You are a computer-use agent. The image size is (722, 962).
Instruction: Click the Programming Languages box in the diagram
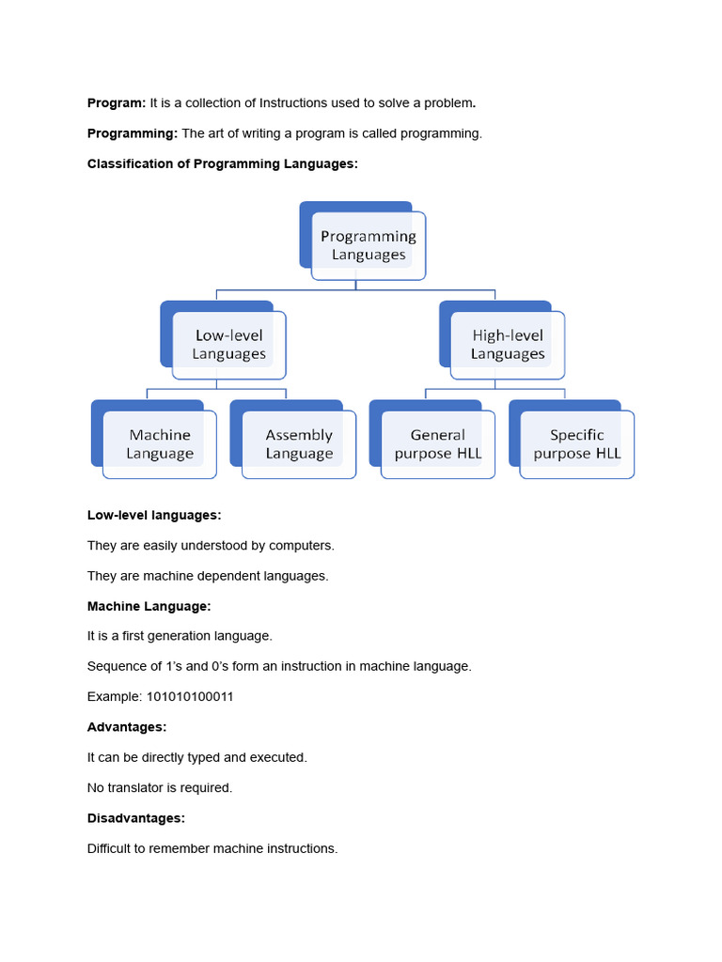(x=368, y=245)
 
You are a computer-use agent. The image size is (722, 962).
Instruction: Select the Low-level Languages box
(x=228, y=345)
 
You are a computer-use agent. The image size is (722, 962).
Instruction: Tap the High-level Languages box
(x=508, y=345)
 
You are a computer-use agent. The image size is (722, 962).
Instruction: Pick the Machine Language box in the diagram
(x=160, y=444)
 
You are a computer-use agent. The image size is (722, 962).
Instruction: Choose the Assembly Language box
(x=299, y=444)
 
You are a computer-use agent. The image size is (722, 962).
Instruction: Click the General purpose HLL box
(x=438, y=444)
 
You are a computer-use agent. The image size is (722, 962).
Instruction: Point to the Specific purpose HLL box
(x=576, y=444)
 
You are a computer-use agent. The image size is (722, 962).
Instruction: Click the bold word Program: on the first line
(x=117, y=102)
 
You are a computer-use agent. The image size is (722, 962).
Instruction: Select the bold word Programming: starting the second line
(x=133, y=133)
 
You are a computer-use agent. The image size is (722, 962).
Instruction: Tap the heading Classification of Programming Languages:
(x=223, y=163)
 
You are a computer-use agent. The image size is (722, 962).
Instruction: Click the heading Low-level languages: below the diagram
(x=154, y=515)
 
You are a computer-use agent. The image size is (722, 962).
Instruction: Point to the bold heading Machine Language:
(x=149, y=606)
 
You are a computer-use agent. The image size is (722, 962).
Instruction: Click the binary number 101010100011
(x=188, y=697)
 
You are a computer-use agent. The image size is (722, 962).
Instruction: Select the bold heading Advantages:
(x=127, y=727)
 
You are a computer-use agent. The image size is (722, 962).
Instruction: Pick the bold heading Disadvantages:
(x=135, y=818)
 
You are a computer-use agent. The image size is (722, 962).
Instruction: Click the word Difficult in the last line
(x=111, y=848)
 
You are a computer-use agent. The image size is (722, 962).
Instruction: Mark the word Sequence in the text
(x=117, y=666)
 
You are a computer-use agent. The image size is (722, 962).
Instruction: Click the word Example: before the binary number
(x=112, y=697)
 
